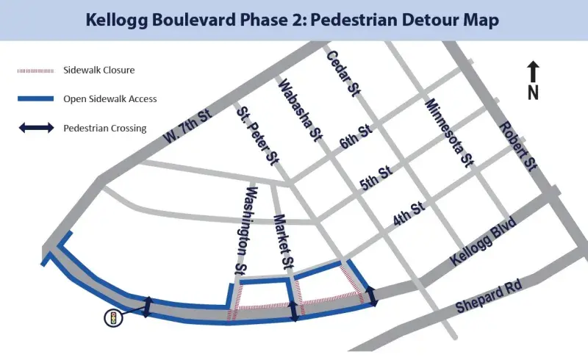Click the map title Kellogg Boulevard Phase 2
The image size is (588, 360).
(x=293, y=20)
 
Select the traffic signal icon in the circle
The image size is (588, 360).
(x=113, y=318)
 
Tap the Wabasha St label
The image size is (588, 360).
(x=300, y=112)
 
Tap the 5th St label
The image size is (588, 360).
(x=378, y=178)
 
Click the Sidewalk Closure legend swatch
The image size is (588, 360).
(x=35, y=71)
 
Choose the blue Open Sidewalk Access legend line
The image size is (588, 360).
(x=35, y=99)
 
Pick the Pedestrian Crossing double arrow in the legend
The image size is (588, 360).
(x=35, y=128)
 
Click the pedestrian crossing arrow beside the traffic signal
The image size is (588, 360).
(x=148, y=307)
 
